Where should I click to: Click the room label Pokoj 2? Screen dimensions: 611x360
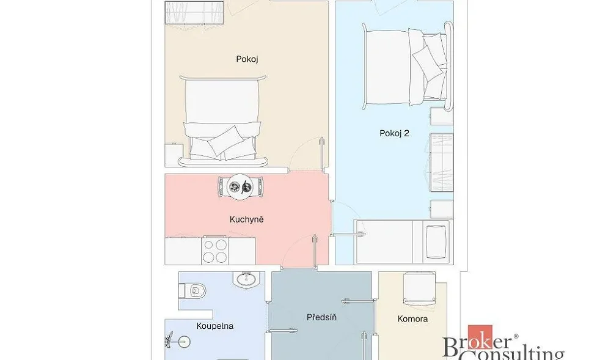pyautogui.click(x=394, y=133)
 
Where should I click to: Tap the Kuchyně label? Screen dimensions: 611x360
pyautogui.click(x=247, y=219)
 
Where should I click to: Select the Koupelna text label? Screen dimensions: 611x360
pyautogui.click(x=214, y=326)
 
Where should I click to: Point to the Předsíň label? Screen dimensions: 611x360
pyautogui.click(x=321, y=317)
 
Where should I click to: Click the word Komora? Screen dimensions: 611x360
pyautogui.click(x=412, y=319)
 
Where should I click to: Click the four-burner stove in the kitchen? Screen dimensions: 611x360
pyautogui.click(x=215, y=251)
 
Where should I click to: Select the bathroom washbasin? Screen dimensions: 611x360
pyautogui.click(x=246, y=279)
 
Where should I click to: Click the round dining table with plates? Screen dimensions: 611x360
pyautogui.click(x=240, y=187)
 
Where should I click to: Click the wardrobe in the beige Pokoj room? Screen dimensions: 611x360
pyautogui.click(x=196, y=12)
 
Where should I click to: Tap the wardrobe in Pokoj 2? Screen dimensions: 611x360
pyautogui.click(x=442, y=163)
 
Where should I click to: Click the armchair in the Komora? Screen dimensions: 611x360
pyautogui.click(x=419, y=288)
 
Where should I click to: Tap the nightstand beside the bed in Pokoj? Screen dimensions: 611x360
pyautogui.click(x=174, y=155)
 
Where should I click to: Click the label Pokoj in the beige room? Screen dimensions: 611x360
pyautogui.click(x=247, y=59)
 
